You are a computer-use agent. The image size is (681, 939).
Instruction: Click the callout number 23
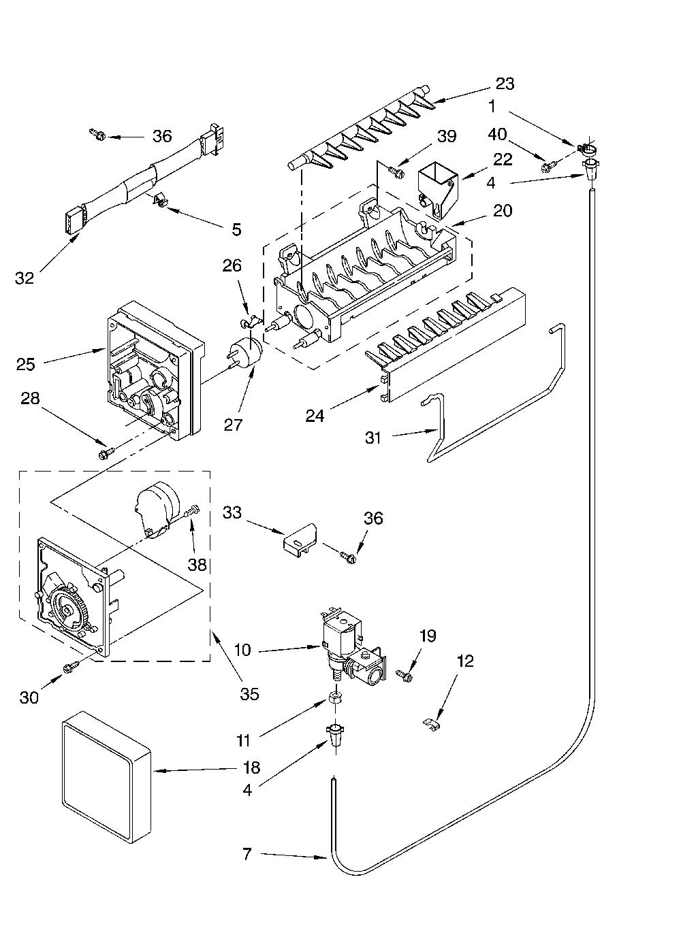click(505, 84)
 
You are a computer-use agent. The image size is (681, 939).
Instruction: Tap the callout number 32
click(25, 278)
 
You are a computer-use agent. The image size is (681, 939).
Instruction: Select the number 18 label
click(251, 768)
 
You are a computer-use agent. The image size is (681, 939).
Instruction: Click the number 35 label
click(250, 694)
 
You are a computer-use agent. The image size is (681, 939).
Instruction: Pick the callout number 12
click(465, 661)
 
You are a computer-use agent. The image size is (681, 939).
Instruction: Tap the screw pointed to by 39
click(396, 171)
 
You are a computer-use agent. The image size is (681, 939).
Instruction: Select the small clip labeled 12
click(431, 725)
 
